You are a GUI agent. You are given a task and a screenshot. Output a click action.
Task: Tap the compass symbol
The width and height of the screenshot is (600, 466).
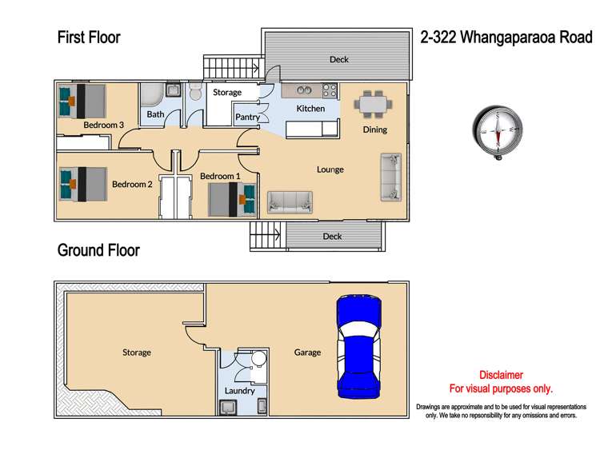(x=500, y=131)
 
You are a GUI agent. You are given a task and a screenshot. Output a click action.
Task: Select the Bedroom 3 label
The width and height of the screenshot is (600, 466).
(x=103, y=125)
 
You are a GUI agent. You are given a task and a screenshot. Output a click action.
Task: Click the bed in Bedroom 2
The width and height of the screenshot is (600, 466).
(x=82, y=184)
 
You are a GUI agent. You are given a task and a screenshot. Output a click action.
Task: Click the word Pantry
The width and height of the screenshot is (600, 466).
(x=247, y=117)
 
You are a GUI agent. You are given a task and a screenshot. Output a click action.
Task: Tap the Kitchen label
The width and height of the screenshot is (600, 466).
(x=310, y=109)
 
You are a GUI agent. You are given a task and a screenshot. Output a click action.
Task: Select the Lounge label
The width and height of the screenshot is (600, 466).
(x=330, y=169)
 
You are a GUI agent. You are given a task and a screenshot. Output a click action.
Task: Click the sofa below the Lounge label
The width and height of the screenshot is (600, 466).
(x=290, y=202)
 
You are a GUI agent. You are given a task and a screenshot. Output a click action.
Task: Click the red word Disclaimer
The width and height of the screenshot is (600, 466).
(x=501, y=375)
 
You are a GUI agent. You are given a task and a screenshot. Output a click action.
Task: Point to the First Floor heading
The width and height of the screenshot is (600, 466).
(x=89, y=37)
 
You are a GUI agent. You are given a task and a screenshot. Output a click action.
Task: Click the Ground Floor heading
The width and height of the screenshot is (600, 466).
(x=98, y=250)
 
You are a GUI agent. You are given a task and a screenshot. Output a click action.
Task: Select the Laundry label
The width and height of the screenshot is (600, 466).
(x=240, y=391)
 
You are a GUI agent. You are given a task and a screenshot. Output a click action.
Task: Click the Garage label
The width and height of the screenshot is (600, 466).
(x=307, y=352)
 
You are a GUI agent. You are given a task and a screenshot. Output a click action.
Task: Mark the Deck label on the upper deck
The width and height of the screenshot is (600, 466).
(x=339, y=59)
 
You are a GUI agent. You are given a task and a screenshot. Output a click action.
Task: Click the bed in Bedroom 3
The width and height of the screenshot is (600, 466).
(x=82, y=102)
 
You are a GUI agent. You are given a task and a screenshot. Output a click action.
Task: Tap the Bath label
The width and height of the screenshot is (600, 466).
(x=155, y=115)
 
